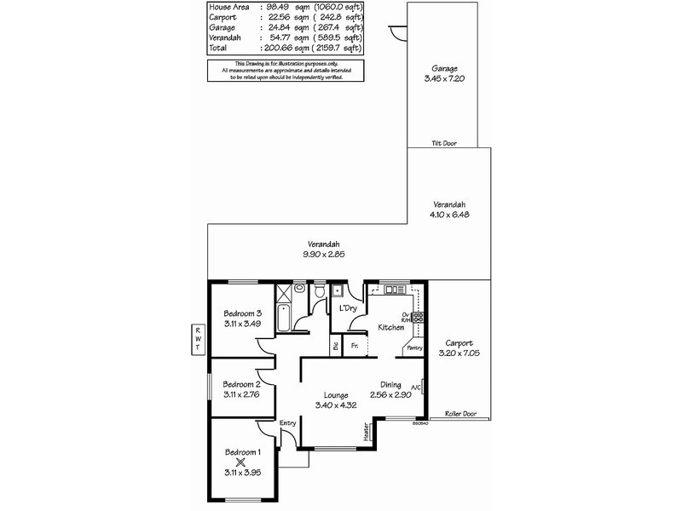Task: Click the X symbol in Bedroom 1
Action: point(241,462)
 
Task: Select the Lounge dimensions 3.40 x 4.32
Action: point(335,405)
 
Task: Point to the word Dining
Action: point(391,384)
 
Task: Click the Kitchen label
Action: point(391,328)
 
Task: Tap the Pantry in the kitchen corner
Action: point(414,347)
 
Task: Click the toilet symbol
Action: point(319,292)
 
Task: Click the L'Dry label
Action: point(347,307)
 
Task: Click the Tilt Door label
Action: point(444,144)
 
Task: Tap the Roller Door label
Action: point(459,415)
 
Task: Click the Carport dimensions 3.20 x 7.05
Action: point(459,351)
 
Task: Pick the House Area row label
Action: point(228,7)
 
